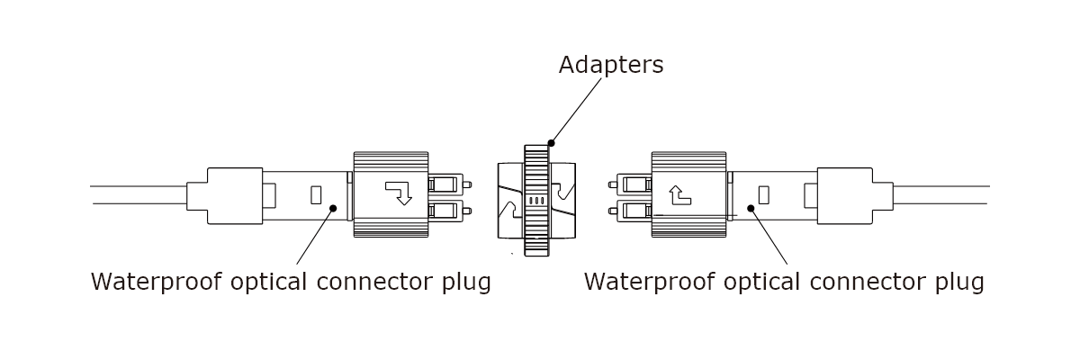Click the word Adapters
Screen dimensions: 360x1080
click(x=610, y=66)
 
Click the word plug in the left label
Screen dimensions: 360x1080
click(x=468, y=283)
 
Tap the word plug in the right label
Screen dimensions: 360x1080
click(x=961, y=283)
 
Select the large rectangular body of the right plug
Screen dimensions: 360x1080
click(x=688, y=193)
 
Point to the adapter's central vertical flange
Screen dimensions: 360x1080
click(x=547, y=189)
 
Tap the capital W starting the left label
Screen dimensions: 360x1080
click(x=102, y=282)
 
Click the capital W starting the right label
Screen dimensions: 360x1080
click(x=595, y=282)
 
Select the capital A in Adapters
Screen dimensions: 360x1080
click(x=566, y=66)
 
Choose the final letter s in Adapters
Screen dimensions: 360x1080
click(x=658, y=67)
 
